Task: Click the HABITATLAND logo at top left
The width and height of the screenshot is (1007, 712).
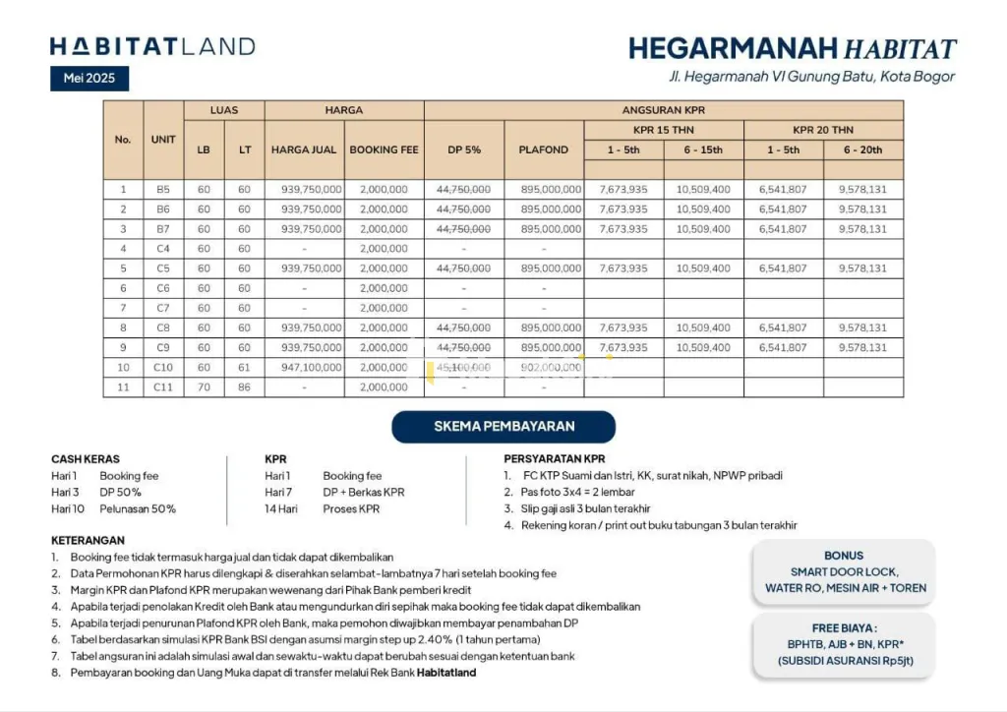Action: click(x=152, y=46)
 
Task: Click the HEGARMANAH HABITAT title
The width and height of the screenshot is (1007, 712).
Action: click(x=792, y=48)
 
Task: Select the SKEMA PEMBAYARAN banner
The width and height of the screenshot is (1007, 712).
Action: click(x=503, y=427)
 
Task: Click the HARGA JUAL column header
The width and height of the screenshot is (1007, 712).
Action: click(x=304, y=149)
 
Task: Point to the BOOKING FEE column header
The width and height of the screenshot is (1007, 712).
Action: click(x=384, y=149)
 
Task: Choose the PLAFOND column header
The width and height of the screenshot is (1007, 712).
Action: click(x=544, y=149)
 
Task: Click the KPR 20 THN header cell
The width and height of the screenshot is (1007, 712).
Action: click(x=823, y=130)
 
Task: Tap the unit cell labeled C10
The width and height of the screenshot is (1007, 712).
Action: click(x=163, y=367)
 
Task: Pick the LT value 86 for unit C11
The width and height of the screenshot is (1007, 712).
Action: click(x=244, y=387)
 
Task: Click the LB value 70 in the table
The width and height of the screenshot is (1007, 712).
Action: click(x=204, y=387)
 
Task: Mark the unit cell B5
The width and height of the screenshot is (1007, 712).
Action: click(x=163, y=189)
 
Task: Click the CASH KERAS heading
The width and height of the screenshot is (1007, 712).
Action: click(x=86, y=459)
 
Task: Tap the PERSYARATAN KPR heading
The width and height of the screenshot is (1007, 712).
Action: click(x=554, y=459)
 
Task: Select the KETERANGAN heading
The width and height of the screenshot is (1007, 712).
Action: click(x=88, y=540)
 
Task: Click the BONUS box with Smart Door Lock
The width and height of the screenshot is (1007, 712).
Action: click(x=845, y=571)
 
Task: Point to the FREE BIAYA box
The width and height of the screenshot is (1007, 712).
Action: click(x=845, y=643)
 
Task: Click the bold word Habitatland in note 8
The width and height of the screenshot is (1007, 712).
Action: click(x=446, y=673)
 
